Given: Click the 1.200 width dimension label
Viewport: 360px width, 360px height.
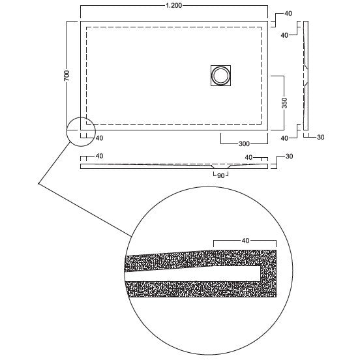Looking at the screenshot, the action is click(x=173, y=5).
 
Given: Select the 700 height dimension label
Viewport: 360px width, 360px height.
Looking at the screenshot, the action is click(x=67, y=75).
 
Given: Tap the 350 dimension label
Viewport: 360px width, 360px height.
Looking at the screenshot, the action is click(x=284, y=103).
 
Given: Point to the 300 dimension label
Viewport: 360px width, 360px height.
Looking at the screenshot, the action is click(x=244, y=143).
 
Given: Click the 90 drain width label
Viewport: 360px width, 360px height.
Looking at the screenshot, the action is click(x=220, y=176).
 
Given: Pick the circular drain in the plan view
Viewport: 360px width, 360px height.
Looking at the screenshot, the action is click(x=220, y=76).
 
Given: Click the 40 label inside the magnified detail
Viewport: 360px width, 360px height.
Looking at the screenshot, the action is click(x=245, y=241).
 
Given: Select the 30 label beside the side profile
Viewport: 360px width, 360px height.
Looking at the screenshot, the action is click(x=320, y=137).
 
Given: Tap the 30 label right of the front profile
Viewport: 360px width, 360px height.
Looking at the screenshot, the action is click(x=289, y=157).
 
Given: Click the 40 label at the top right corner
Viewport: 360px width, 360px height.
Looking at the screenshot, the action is click(x=288, y=14).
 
